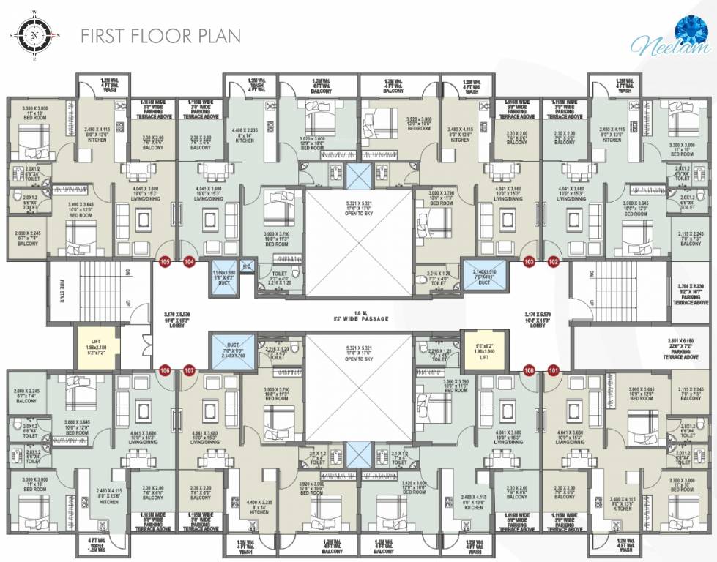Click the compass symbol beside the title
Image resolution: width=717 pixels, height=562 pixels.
click(34, 34)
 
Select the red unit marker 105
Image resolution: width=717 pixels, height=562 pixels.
click(164, 261)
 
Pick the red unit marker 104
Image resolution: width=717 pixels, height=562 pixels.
click(189, 261)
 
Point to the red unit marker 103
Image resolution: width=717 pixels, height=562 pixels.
click(529, 261)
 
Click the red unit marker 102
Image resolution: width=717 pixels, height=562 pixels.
click(553, 261)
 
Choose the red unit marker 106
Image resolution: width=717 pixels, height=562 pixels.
click(164, 370)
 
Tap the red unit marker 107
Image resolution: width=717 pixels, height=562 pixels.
click(189, 370)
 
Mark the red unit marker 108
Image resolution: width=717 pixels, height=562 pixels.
click(529, 370)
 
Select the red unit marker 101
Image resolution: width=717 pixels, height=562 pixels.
click(553, 370)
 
